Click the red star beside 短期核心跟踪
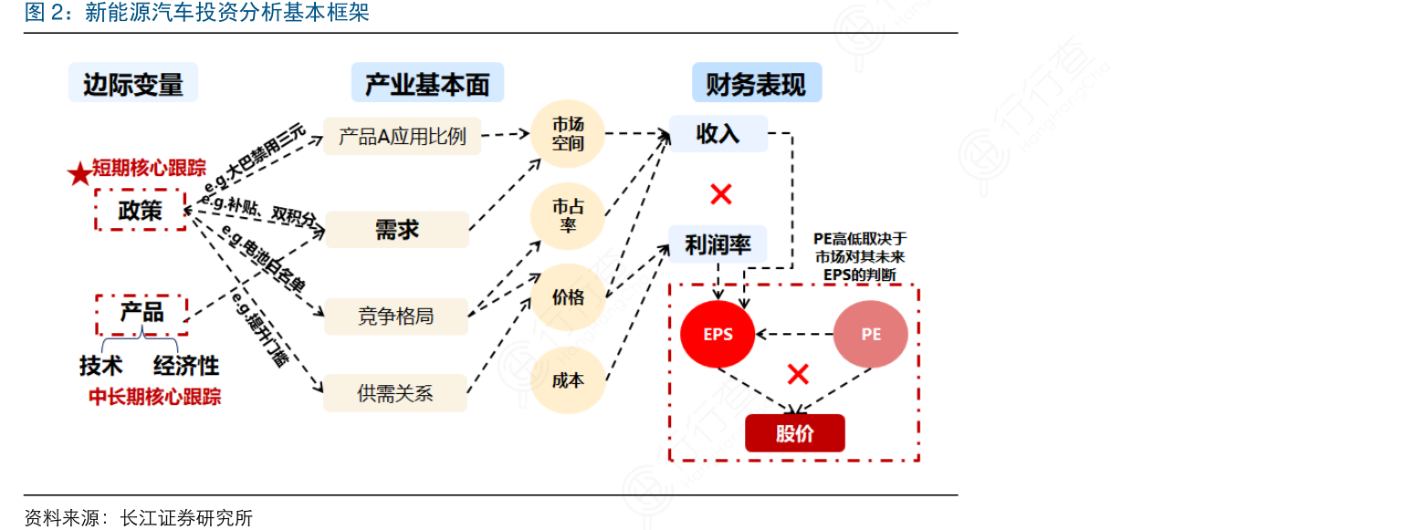pyautogui.click(x=80, y=172)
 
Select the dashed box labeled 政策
pyautogui.click(x=140, y=210)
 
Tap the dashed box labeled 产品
pyautogui.click(x=142, y=314)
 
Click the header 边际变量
pyautogui.click(x=133, y=84)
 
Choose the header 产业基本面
pyautogui.click(x=427, y=84)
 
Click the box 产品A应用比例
pyautogui.click(x=402, y=136)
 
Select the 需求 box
pyautogui.click(x=396, y=229)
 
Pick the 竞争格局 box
pyautogui.click(x=395, y=317)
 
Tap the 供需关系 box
pyautogui.click(x=395, y=394)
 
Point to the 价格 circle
pyautogui.click(x=568, y=297)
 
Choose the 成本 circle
pyautogui.click(x=568, y=380)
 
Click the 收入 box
pyautogui.click(x=718, y=134)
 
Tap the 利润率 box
pyautogui.click(x=718, y=244)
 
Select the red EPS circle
pyautogui.click(x=718, y=334)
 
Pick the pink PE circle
pyautogui.click(x=870, y=334)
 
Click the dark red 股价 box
pyautogui.click(x=794, y=433)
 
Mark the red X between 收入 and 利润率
pyautogui.click(x=721, y=193)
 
